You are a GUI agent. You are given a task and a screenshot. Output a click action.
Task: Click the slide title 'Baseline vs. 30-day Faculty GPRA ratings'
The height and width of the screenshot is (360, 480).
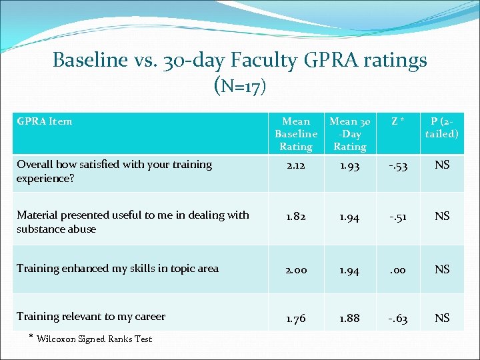coord(239,61)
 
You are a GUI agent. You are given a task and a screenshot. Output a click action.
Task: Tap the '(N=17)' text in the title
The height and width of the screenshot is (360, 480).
coord(239,85)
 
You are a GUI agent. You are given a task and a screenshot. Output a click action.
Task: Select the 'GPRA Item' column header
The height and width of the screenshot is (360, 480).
coord(45,121)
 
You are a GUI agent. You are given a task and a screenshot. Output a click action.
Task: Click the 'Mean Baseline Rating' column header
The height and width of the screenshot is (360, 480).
coord(296,133)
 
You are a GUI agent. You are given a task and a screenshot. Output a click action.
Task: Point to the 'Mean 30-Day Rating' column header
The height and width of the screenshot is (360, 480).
coord(349,133)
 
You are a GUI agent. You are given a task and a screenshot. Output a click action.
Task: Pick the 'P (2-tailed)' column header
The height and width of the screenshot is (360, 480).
coord(442,127)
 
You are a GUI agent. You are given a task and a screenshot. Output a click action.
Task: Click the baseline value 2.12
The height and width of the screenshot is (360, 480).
coord(296,165)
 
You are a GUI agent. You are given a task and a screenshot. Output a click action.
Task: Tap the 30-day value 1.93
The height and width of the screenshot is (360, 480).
coord(349,165)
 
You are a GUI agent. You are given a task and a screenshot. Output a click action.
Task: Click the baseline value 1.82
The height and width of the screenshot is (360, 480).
coord(296,216)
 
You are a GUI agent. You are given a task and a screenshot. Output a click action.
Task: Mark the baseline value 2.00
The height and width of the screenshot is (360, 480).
coord(296,269)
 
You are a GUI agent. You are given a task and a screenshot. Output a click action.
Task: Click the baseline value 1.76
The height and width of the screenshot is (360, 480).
coord(296,318)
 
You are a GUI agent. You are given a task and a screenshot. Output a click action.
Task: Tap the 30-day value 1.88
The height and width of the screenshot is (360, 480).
coord(349,318)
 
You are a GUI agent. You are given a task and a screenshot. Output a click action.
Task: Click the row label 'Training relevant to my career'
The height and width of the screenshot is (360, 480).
coord(91,316)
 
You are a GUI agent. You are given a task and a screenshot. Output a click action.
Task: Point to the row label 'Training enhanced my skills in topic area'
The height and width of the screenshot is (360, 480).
coord(117,268)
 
